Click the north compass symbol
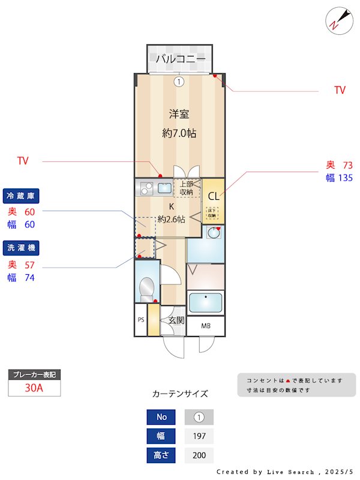pos(338,19)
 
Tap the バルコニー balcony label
pos(181,59)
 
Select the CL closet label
pos(213,196)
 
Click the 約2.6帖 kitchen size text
pos(171,220)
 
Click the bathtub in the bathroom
pos(205,302)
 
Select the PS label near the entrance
pos(140,320)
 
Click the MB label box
pos(205,326)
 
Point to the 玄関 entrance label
pos(176,320)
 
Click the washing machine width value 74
pos(30,277)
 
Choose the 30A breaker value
pos(34,388)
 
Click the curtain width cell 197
pos(199,436)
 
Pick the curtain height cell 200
pos(199,455)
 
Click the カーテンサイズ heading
pos(180,394)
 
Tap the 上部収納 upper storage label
pos(187,188)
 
